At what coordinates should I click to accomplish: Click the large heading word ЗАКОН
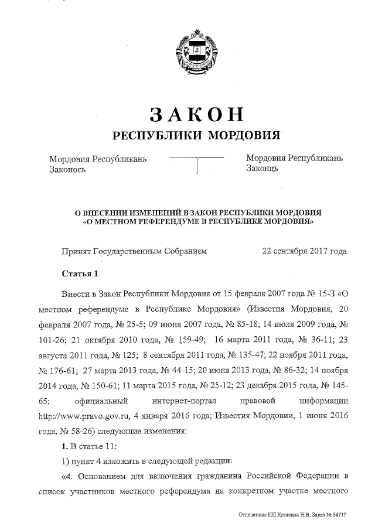196,113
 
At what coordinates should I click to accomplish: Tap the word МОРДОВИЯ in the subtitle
243,136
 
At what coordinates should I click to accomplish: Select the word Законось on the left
67,169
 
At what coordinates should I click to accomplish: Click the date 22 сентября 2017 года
304,251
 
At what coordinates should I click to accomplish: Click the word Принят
74,251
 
